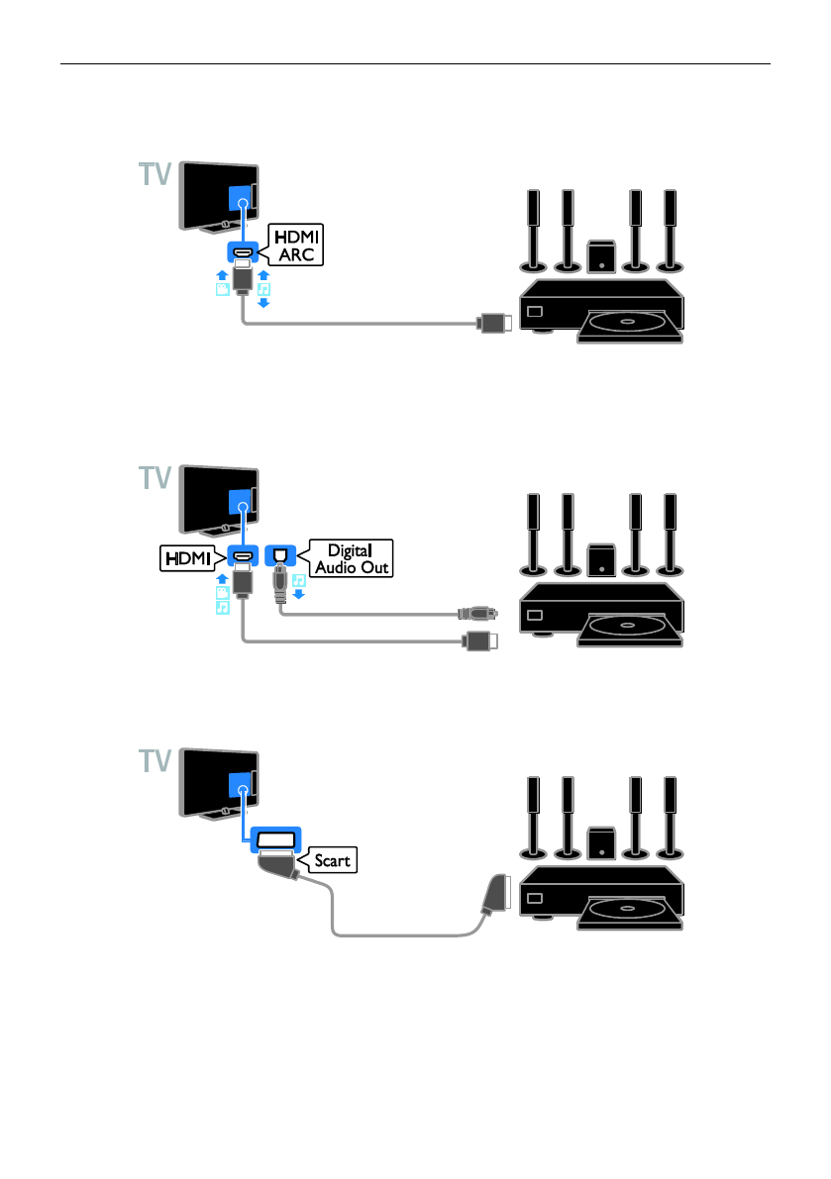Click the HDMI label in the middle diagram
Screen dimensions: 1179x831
186,560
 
